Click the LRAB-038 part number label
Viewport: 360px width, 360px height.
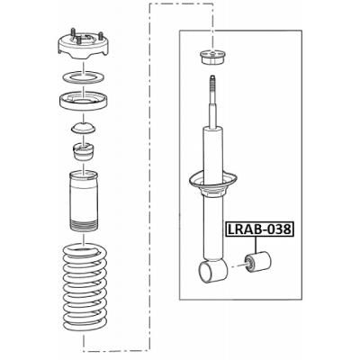[x=259, y=229]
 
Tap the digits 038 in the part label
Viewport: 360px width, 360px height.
[x=279, y=229]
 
